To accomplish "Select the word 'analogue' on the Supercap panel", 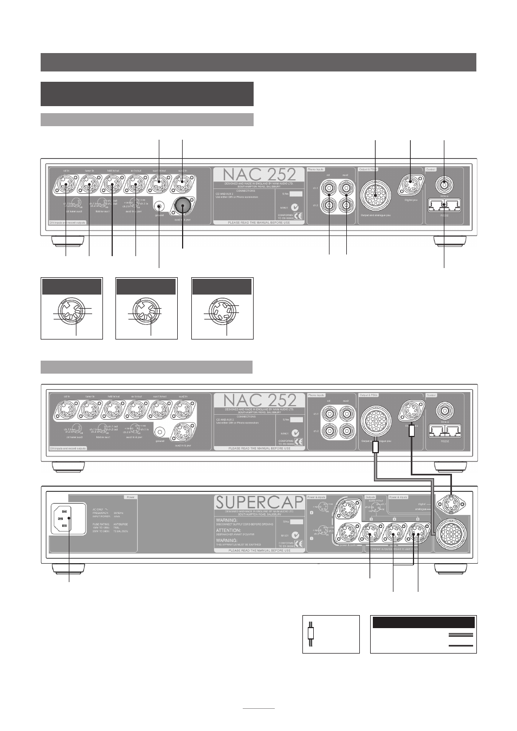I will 422,509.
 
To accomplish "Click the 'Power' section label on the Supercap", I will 130,497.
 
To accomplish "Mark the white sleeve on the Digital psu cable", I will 412,430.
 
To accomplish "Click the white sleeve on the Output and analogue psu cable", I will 375,447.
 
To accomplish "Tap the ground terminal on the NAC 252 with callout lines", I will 159,206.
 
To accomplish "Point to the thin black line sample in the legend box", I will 461,645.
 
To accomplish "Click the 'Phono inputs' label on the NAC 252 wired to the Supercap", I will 318,396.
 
